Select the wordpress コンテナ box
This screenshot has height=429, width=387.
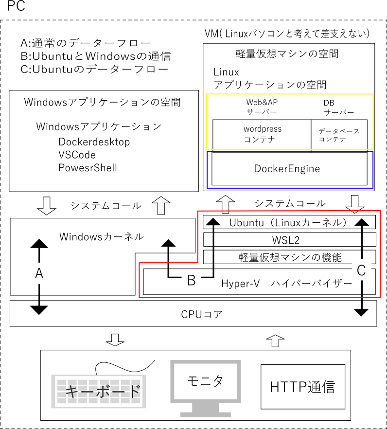(x=262, y=134)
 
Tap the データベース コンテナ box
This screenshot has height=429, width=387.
(x=339, y=135)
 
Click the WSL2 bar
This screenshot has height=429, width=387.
(x=289, y=239)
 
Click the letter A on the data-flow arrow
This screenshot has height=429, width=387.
(x=39, y=274)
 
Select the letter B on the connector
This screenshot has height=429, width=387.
(x=192, y=281)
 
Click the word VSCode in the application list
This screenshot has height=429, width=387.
(x=77, y=155)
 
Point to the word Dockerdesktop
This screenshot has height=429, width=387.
(x=94, y=142)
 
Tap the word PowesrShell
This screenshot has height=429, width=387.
(x=88, y=168)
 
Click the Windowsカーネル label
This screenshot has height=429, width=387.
(x=101, y=237)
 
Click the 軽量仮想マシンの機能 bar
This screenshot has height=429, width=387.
(x=290, y=257)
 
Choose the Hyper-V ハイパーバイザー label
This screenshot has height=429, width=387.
(x=286, y=284)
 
